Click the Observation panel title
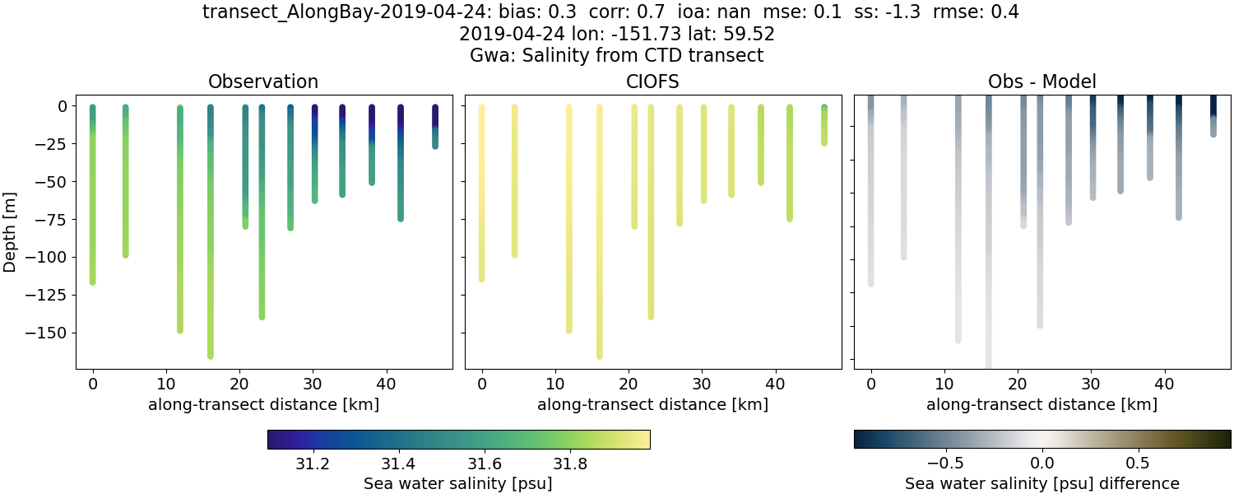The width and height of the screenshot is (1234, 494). tap(263, 82)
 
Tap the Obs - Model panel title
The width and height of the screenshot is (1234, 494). tap(1041, 82)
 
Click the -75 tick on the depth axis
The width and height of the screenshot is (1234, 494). tap(58, 220)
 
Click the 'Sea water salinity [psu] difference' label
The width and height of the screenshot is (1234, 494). tap(1041, 483)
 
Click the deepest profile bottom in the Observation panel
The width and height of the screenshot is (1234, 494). tap(211, 355)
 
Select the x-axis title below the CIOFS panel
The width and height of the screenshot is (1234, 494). tap(652, 404)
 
